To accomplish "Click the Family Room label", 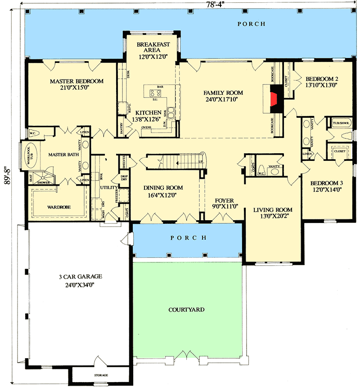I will click(223, 96).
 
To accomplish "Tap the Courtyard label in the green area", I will click(187, 310).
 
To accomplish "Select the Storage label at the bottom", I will click(101, 375).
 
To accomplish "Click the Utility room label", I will click(109, 187).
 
